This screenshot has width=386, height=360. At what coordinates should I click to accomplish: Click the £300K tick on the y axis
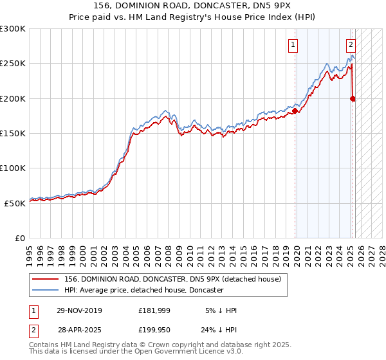click(13, 30)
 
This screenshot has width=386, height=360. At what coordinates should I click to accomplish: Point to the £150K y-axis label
click(13, 134)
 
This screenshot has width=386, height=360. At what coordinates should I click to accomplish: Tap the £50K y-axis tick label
click(15, 203)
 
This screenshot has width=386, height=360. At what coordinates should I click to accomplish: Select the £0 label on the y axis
click(21, 238)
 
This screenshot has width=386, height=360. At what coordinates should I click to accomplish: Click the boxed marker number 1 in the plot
click(293, 44)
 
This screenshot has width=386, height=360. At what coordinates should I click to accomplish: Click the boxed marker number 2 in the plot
click(351, 44)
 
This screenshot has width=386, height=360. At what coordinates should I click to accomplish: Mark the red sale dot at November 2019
click(295, 111)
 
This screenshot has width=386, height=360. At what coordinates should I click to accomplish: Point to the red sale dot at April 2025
click(353, 98)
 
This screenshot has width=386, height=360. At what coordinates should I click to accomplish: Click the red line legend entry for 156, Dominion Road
click(172, 279)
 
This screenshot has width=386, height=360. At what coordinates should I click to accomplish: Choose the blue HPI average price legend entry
click(143, 290)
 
